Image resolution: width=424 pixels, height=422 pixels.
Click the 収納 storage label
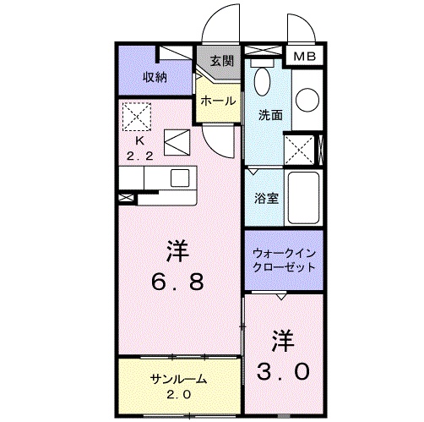154,77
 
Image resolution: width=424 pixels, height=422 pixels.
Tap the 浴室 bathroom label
267,199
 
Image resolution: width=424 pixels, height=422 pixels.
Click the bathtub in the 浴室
303,197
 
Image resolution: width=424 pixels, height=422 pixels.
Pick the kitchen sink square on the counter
181,178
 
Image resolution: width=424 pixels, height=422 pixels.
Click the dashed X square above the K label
136,114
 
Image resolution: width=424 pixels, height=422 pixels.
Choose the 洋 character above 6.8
176,250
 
